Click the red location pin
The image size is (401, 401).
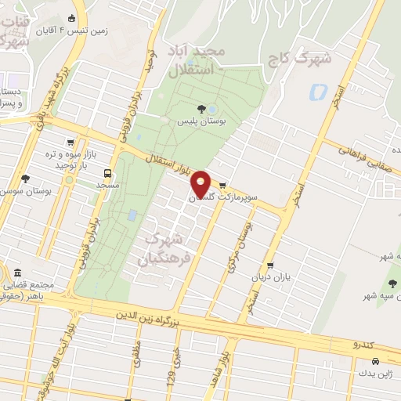201,183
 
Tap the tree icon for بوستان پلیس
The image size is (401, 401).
202,109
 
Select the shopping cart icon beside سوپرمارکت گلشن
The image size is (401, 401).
222,186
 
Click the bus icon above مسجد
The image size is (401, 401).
107,173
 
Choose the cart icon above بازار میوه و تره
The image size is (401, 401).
72,143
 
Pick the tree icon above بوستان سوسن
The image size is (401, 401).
26,179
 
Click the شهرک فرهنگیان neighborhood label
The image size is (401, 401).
164,248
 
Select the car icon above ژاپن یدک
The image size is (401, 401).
376,361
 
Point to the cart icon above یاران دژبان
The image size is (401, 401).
270,266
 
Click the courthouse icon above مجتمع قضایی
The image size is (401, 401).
17,272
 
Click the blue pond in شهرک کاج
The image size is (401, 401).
318,92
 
